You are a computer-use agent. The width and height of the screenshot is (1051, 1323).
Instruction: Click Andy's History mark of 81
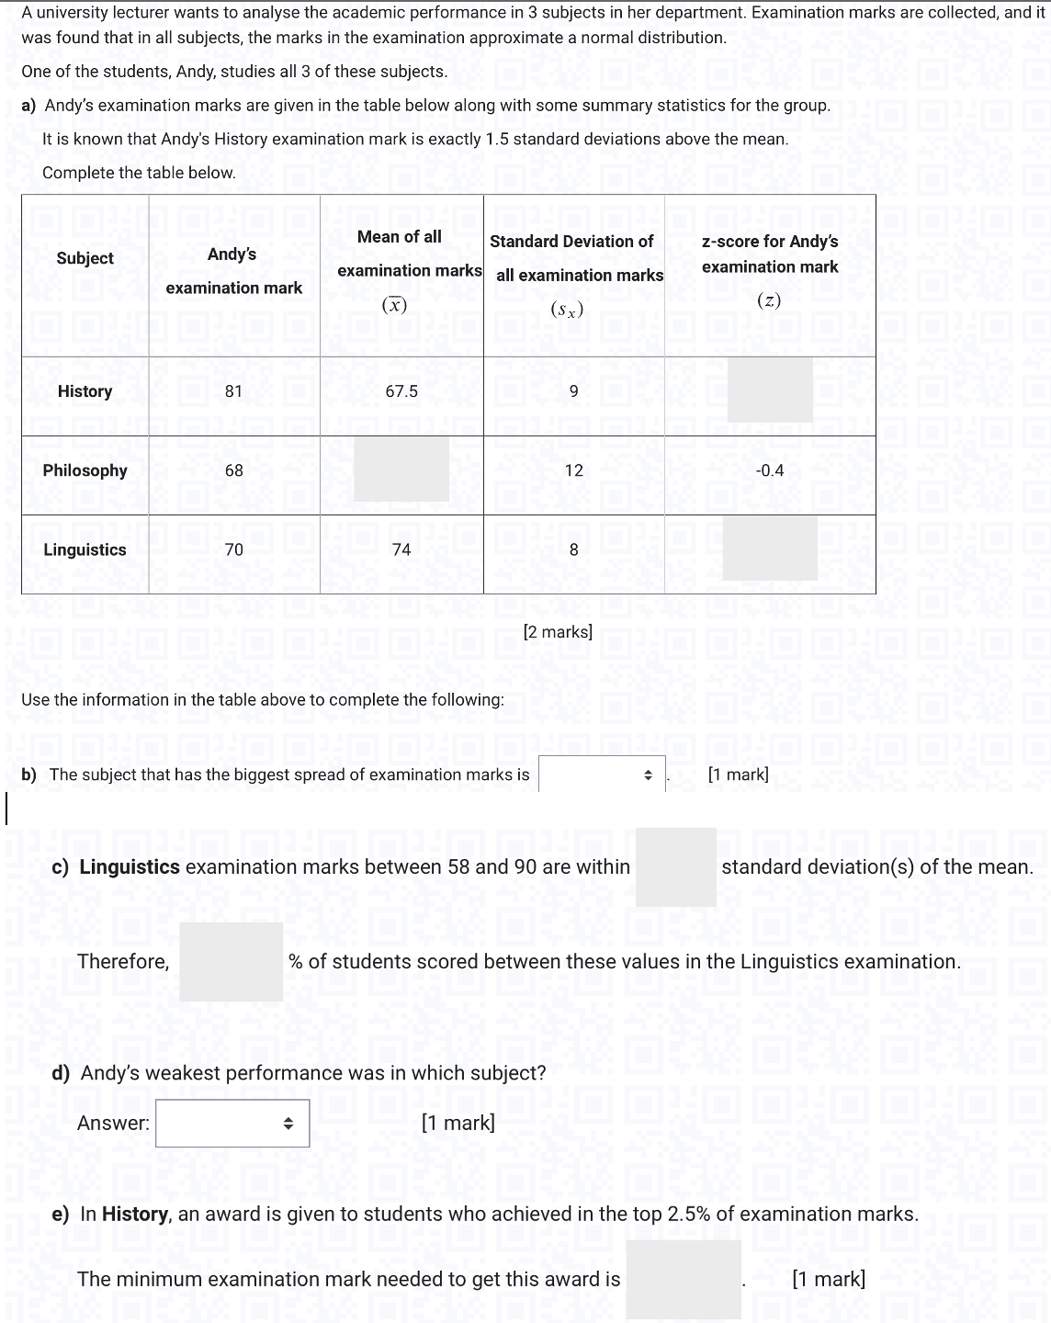pyautogui.click(x=233, y=391)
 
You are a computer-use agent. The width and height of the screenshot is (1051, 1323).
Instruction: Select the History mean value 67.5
pyautogui.click(x=401, y=391)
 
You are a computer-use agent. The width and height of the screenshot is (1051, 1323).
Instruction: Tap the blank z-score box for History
pyautogui.click(x=770, y=390)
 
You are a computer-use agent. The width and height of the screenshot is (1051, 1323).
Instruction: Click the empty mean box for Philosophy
pyautogui.click(x=401, y=469)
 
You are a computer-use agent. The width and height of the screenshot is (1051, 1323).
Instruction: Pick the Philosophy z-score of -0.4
pyautogui.click(x=770, y=470)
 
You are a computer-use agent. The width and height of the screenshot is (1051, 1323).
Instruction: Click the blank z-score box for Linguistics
pyautogui.click(x=770, y=548)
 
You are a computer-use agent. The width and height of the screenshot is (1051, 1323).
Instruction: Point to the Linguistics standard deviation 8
pyautogui.click(x=574, y=549)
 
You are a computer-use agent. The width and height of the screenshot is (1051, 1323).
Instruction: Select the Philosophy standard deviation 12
pyautogui.click(x=574, y=470)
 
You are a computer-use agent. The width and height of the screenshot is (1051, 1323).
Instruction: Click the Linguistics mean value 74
pyautogui.click(x=401, y=549)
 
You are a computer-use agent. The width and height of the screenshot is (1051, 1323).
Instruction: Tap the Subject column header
pyautogui.click(x=85, y=258)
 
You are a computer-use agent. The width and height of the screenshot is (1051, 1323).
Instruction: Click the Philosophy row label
pyautogui.click(x=85, y=470)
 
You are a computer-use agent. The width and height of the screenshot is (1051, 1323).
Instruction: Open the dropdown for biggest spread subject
pyautogui.click(x=602, y=775)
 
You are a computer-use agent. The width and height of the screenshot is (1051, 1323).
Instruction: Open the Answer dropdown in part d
pyautogui.click(x=232, y=1123)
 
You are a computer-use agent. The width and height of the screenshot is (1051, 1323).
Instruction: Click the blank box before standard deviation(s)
pyautogui.click(x=675, y=866)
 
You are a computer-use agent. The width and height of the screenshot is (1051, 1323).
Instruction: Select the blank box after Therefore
pyautogui.click(x=231, y=961)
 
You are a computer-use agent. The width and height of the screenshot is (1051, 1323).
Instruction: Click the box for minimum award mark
pyautogui.click(x=684, y=1279)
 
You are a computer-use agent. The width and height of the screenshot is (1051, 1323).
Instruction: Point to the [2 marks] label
pyautogui.click(x=558, y=632)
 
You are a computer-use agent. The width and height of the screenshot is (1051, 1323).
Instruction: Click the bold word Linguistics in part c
pyautogui.click(x=130, y=866)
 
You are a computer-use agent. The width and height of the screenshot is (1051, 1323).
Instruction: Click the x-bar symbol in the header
pyautogui.click(x=394, y=306)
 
